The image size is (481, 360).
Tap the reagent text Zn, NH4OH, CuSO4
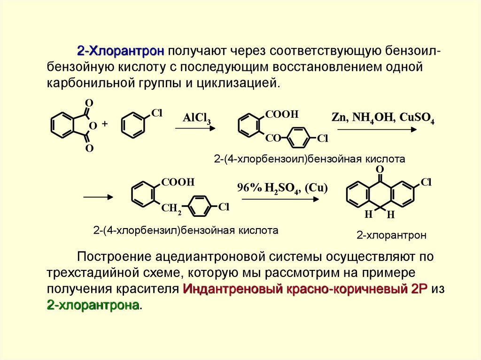(383, 118)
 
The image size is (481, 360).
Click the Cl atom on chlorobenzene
(156, 113)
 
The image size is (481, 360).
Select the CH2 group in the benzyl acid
(171, 209)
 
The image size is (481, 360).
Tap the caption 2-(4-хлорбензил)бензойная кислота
(186, 230)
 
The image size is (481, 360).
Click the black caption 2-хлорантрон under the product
(391, 235)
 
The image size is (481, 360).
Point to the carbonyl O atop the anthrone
(380, 169)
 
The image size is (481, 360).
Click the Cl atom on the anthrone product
(426, 183)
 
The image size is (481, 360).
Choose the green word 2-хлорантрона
(93, 305)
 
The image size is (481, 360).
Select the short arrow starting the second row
(98, 198)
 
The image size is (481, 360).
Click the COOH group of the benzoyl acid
(282, 114)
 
